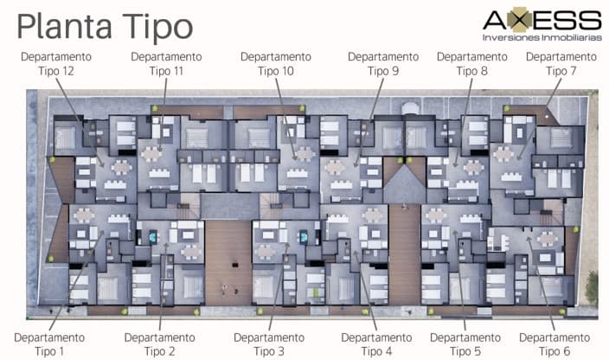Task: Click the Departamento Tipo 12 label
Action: (56, 64)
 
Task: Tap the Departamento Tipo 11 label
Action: (166, 64)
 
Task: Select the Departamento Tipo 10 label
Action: (276, 64)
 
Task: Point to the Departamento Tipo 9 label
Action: (383, 64)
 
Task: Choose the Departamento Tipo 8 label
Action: (472, 64)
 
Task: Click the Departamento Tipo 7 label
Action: (561, 64)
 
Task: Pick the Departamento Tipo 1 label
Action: (49, 344)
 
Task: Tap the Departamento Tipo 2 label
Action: (160, 344)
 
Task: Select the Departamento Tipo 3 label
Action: (269, 344)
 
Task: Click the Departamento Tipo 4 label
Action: (376, 344)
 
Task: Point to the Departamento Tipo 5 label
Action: (465, 344)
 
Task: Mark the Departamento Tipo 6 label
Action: (555, 344)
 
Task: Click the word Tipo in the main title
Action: (158, 27)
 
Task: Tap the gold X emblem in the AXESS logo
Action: (520, 19)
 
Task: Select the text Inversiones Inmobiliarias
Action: (542, 38)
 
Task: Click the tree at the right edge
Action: (592, 288)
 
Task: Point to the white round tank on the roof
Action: (410, 108)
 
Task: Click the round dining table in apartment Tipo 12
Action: (122, 167)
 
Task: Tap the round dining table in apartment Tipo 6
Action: (548, 239)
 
